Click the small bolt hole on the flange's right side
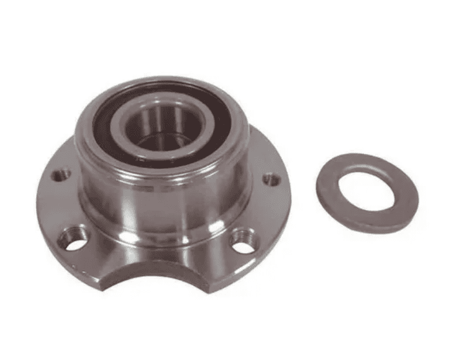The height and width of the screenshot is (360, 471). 271,179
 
